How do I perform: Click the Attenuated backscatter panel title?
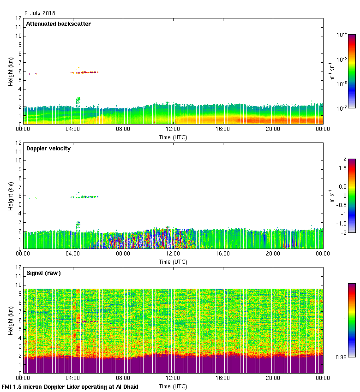58,24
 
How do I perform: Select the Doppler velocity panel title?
48,148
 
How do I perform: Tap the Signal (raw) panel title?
43,273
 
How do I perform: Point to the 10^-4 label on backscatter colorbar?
342,35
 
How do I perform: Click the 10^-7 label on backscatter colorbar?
342,108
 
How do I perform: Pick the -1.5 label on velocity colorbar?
342,223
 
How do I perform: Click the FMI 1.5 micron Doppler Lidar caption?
70,387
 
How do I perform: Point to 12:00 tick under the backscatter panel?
173,129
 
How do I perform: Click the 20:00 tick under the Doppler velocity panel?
273,254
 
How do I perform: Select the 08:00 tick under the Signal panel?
123,378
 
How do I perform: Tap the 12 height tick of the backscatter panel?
18,18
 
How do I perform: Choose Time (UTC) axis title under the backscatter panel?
173,137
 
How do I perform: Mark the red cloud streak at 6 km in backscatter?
85,72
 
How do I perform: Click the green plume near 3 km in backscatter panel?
78,101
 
